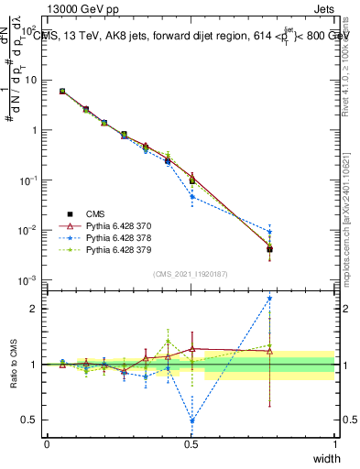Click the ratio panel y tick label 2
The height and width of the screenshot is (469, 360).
(x=35, y=309)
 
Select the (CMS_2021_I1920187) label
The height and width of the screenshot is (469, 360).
(x=191, y=275)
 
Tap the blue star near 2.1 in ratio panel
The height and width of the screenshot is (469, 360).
(x=269, y=298)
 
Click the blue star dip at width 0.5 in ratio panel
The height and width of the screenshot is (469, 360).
(x=191, y=421)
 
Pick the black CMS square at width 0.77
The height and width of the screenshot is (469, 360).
(x=269, y=249)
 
